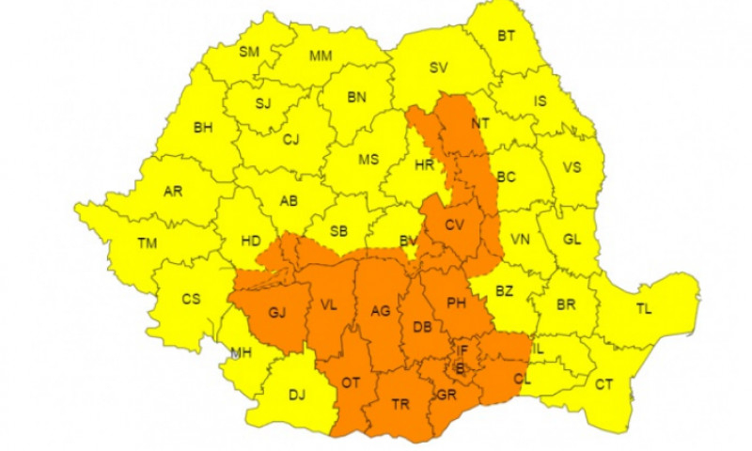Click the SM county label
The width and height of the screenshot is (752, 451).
248,52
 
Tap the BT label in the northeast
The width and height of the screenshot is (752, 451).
507,37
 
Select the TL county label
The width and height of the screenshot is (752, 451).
645,309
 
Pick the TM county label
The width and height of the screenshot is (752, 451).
147,243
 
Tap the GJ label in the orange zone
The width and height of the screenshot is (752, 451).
276,313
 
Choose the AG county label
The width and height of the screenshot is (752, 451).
380,311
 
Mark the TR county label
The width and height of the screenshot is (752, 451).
400,404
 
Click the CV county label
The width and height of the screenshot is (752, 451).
454,225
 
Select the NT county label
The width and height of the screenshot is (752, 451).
480,122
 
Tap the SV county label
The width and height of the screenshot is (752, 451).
439,68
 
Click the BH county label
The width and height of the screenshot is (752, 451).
202,128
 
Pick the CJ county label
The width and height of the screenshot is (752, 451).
291,140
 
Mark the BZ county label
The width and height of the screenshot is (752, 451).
505,291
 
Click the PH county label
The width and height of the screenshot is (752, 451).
457,303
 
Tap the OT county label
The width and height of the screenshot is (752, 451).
351,382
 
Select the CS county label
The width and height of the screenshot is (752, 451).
191,300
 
